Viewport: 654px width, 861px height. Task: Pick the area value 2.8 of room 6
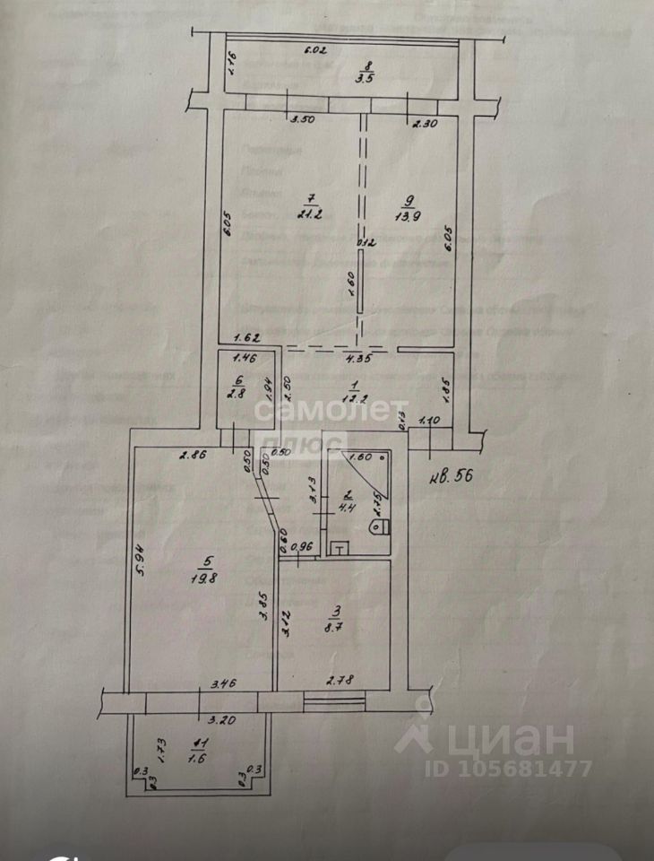coord(237,391)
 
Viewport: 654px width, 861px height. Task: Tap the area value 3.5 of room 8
coord(366,78)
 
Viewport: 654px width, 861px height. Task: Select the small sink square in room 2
coord(339,547)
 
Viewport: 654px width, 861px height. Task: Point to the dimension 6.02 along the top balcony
coord(315,50)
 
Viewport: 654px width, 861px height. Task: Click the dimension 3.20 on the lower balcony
coord(220,720)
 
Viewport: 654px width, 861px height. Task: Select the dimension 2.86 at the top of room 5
coord(193,456)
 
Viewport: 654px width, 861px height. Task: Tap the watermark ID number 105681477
coord(524,769)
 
